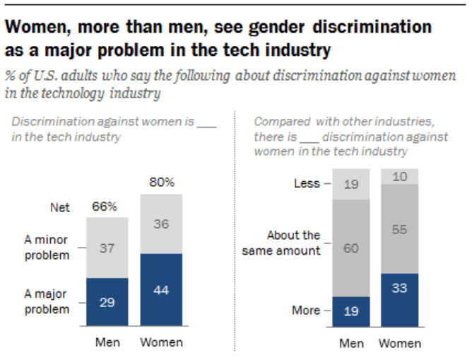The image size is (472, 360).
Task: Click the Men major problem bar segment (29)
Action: tap(107, 303)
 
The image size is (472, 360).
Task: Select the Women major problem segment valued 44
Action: tap(161, 290)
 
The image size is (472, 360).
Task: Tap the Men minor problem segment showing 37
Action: tap(107, 248)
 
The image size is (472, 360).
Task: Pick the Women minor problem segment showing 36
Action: tap(161, 223)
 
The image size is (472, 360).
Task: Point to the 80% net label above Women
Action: tap(161, 183)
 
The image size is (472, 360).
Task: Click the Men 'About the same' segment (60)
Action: tap(350, 248)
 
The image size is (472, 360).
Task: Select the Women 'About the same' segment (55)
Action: tap(400, 228)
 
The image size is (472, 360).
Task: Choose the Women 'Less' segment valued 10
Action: tap(400, 176)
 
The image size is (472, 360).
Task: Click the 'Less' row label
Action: tap(307, 184)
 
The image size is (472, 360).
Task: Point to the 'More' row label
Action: tap(306, 310)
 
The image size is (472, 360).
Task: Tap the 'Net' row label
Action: tap(59, 208)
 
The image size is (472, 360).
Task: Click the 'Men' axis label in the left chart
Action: tap(107, 342)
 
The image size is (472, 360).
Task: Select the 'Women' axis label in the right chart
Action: tap(399, 343)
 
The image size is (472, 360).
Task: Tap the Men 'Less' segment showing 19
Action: tap(350, 184)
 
